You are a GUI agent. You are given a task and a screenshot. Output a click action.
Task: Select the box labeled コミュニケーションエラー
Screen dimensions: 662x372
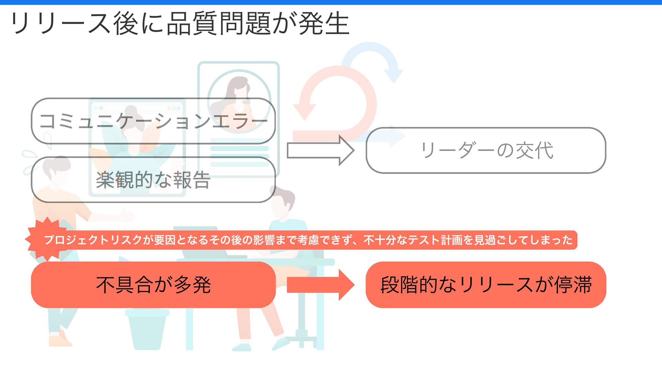(x=153, y=121)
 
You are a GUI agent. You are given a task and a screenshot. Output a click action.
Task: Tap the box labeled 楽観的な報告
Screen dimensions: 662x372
(x=153, y=180)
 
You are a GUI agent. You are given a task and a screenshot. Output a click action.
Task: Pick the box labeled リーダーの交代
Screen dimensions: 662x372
(x=485, y=150)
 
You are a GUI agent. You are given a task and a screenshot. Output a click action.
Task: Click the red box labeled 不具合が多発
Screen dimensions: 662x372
(x=153, y=285)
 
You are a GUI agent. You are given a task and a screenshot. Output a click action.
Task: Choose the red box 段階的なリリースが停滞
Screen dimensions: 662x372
(x=485, y=285)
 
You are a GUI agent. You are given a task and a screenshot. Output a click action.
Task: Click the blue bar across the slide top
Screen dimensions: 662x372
(x=331, y=2)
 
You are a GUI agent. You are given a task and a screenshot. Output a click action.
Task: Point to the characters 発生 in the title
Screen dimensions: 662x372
(x=324, y=23)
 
